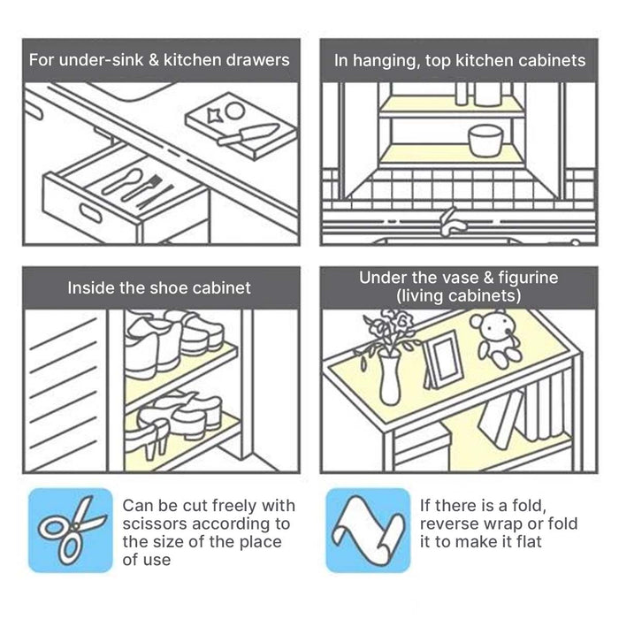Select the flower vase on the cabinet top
point(388,375)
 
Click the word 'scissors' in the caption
point(154,523)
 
